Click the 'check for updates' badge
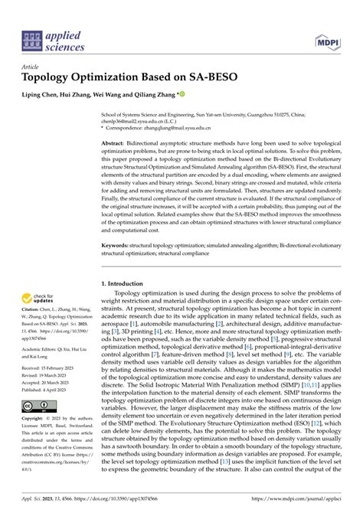pyautogui.click(x=39, y=300)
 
